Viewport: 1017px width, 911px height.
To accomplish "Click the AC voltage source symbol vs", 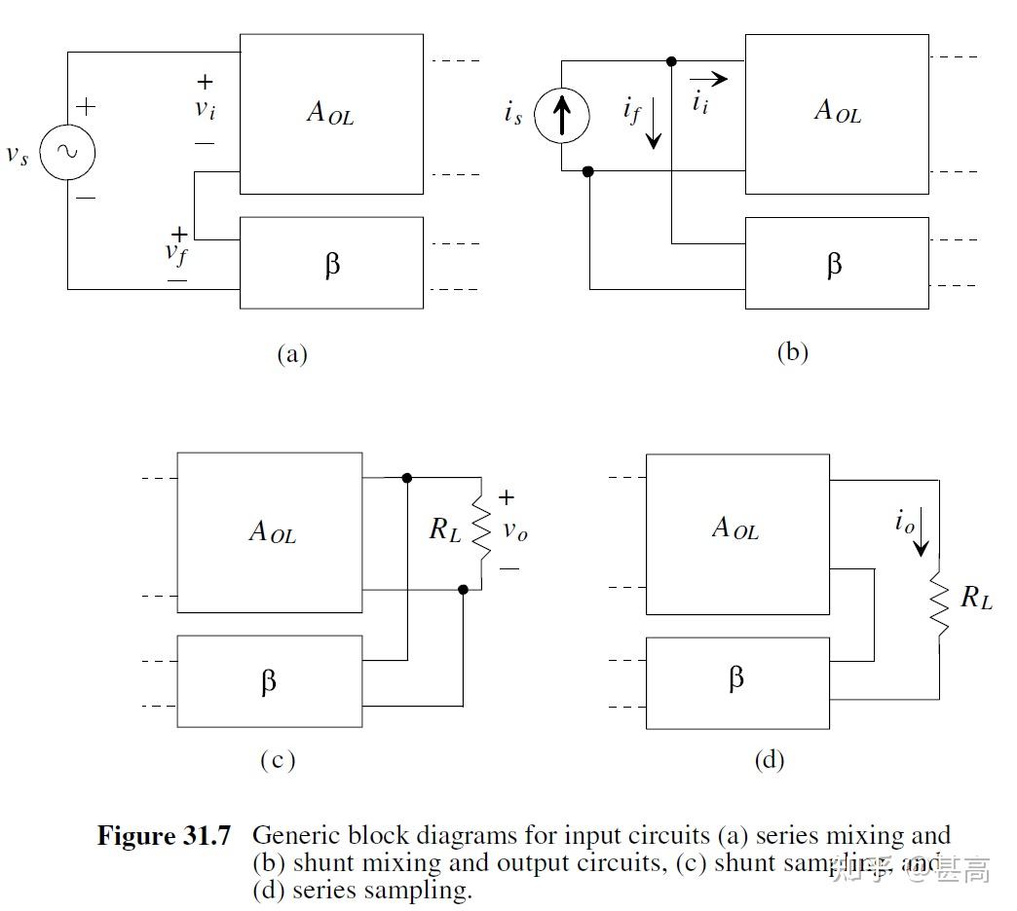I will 67,152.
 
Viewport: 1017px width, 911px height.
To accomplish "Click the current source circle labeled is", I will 562,116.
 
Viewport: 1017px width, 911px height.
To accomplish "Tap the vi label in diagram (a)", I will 205,109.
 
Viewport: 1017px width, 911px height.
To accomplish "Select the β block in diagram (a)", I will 331,263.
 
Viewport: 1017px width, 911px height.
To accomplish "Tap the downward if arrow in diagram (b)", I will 653,128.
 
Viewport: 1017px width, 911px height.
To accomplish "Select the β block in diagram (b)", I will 836,263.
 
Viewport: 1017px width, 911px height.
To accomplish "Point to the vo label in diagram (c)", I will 515,531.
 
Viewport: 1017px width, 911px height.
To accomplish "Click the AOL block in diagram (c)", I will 270,531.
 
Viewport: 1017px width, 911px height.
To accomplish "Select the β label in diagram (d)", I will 736,678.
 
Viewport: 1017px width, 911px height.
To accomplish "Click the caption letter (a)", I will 291,353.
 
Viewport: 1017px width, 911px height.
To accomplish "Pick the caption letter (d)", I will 769,760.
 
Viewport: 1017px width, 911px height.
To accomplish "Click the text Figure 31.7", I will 164,835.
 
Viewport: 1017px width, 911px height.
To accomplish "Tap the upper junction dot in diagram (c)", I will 407,478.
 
